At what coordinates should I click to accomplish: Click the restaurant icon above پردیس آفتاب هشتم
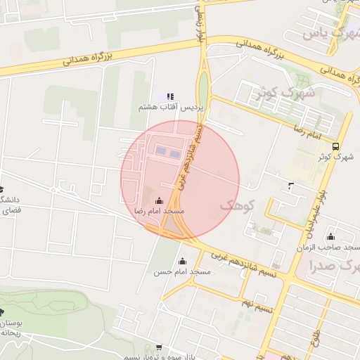tap(169, 96)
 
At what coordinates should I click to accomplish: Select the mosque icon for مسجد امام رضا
tap(159, 200)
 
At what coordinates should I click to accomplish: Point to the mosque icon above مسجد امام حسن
tap(182, 261)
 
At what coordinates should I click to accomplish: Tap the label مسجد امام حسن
tap(182, 271)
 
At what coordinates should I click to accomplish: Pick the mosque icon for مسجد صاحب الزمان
tap(331, 237)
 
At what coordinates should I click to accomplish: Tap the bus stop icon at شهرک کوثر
tap(335, 147)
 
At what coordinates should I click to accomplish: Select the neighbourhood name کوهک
tap(234, 205)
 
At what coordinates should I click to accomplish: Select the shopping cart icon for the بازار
tap(159, 347)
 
